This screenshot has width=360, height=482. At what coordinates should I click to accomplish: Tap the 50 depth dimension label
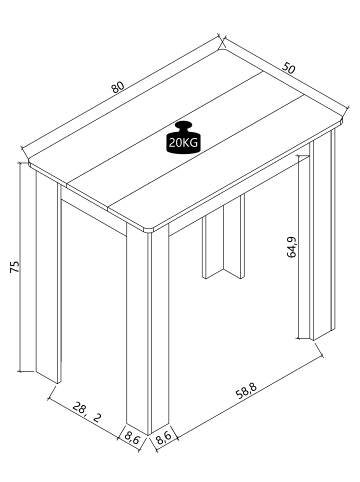[x=288, y=69]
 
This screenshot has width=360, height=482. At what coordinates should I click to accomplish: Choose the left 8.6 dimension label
[x=131, y=436]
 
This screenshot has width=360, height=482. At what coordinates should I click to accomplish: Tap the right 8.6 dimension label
[x=167, y=436]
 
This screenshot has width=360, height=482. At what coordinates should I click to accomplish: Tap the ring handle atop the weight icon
[x=183, y=125]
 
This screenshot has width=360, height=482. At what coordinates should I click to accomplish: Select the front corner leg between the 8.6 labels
[x=150, y=330]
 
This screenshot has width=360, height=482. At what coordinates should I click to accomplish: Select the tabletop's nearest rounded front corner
[x=152, y=231]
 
